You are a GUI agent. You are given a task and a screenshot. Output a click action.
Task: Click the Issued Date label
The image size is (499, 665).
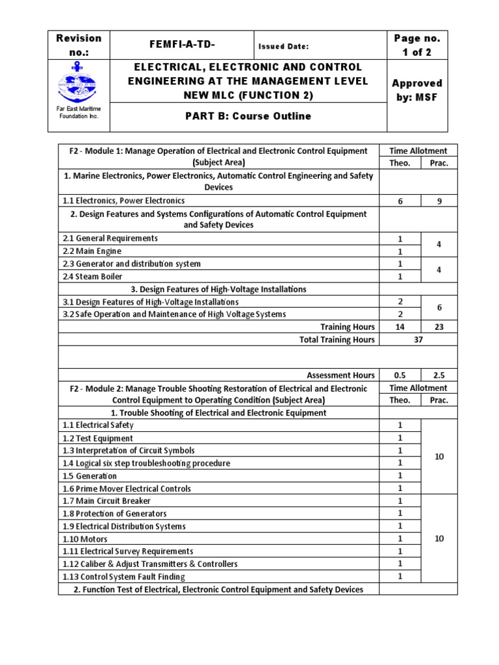click(283, 46)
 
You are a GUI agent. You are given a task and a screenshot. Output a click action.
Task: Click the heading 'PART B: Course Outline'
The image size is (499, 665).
click(249, 116)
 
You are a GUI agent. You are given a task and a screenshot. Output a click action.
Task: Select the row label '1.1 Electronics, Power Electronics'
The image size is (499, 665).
click(124, 201)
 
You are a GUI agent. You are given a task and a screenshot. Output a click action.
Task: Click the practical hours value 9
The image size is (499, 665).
click(439, 201)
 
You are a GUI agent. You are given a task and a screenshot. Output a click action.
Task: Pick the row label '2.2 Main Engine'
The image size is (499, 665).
click(92, 251)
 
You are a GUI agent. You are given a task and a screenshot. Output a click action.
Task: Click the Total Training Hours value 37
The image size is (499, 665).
click(418, 340)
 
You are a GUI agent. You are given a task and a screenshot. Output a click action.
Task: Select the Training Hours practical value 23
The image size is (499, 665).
click(439, 327)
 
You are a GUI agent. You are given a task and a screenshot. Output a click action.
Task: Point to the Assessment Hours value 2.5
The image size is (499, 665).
click(439, 375)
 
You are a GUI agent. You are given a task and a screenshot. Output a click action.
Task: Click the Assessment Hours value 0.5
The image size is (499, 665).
click(400, 375)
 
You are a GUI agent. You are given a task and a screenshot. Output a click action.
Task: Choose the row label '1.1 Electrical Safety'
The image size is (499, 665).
click(98, 425)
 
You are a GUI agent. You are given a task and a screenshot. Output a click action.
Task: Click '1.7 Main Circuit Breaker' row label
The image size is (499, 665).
click(107, 501)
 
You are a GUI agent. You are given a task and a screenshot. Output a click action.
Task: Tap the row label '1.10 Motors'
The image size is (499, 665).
click(85, 539)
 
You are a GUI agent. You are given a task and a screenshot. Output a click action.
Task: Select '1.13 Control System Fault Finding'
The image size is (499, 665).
click(124, 577)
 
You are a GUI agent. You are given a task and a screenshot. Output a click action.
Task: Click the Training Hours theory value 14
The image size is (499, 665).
click(400, 327)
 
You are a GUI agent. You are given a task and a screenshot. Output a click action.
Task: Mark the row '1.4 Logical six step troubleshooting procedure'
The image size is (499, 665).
click(146, 463)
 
